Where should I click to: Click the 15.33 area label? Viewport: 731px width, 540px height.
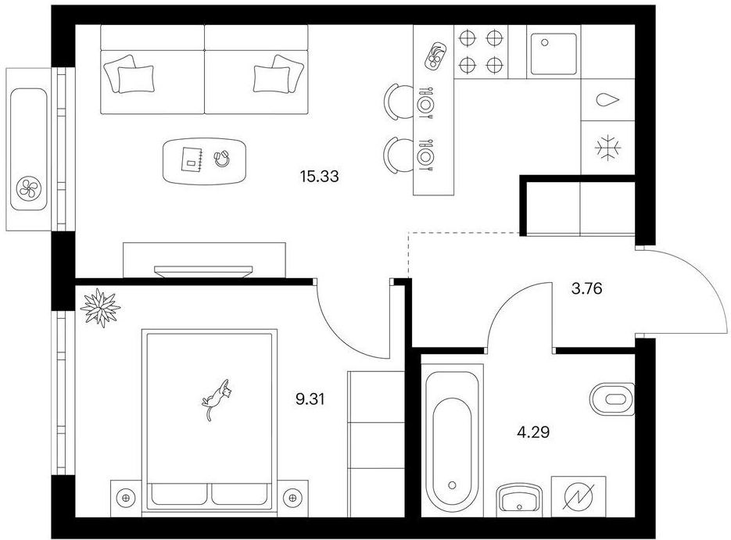319,177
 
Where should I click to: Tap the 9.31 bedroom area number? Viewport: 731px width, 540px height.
310,399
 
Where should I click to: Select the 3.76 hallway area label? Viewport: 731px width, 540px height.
586,288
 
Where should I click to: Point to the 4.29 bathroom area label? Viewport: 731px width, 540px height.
533,432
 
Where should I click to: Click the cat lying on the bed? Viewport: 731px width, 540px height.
217,399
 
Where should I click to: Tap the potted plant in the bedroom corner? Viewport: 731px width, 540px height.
100,307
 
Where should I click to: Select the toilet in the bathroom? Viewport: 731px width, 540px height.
612,399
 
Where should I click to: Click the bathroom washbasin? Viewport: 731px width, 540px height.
519,499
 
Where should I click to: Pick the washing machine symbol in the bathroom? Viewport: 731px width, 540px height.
579,497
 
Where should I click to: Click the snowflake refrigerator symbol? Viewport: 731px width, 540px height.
608,148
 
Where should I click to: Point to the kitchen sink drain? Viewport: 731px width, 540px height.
544,42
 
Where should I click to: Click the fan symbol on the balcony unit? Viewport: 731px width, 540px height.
29,188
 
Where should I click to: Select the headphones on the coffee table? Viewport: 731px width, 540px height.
221,158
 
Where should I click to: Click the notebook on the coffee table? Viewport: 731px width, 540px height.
191,159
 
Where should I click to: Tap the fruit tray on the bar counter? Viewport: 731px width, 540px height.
435,55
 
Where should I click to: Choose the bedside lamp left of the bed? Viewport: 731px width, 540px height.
125,498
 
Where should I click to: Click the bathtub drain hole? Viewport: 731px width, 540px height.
452,485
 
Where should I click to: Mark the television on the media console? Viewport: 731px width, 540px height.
203,271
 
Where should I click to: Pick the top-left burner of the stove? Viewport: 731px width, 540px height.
466,38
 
